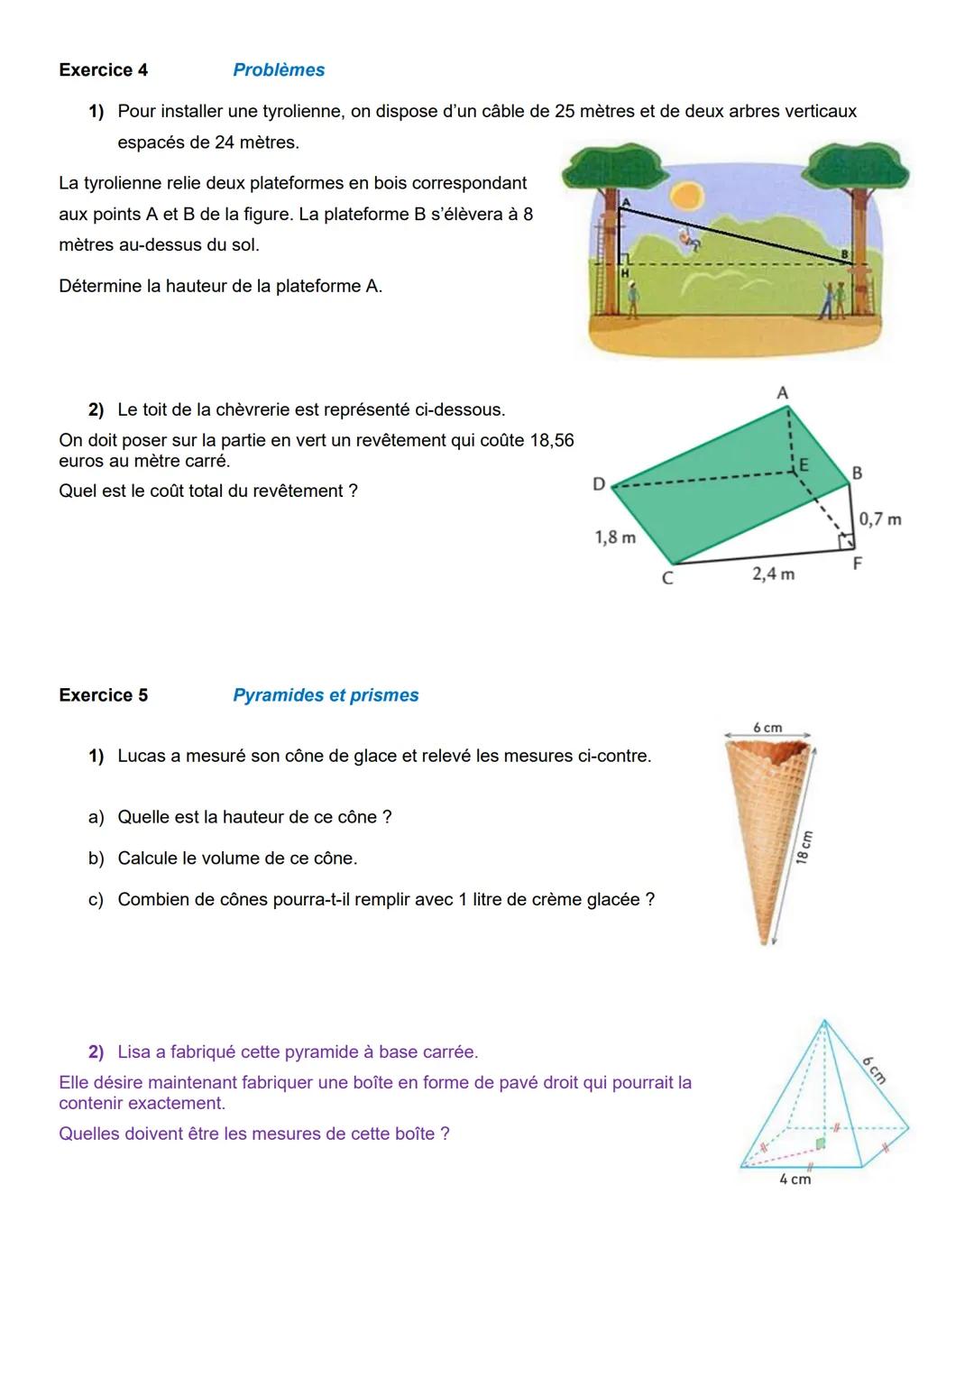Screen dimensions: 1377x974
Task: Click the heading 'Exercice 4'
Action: [103, 70]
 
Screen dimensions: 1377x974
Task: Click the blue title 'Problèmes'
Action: [279, 70]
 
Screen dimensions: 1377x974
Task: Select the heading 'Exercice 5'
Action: [103, 695]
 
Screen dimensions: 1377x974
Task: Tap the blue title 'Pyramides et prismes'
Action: [326, 695]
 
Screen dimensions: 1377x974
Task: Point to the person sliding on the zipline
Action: [689, 240]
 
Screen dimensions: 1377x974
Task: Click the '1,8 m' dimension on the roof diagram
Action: [615, 537]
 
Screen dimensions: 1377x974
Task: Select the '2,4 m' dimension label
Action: [773, 574]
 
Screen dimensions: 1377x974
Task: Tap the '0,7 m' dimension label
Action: [879, 519]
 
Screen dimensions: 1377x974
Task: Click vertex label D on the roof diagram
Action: [599, 484]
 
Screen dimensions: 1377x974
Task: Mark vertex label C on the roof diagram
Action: [667, 578]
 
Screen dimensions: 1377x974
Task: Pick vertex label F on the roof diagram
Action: [857, 564]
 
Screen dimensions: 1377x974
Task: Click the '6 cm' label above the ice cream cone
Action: [767, 728]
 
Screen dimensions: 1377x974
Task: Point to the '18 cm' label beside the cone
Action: [804, 847]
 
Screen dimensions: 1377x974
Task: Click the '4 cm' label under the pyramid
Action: [795, 1180]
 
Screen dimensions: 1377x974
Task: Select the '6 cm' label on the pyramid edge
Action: [873, 1069]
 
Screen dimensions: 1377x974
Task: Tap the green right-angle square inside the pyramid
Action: [820, 1143]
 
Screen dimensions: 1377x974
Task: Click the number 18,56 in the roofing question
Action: [552, 440]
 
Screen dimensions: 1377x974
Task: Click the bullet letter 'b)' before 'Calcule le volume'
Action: [96, 858]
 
